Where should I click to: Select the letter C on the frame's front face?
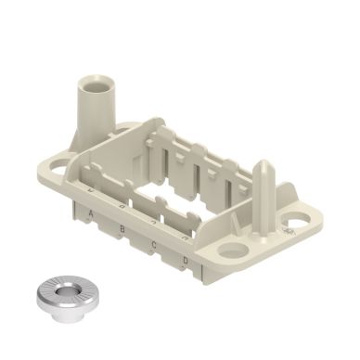point(154,244)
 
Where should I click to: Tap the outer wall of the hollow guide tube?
point(89,116)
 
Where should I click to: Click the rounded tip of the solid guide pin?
point(264,167)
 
